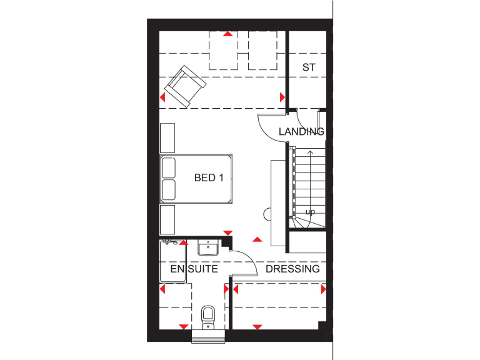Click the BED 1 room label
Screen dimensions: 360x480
click(209, 178)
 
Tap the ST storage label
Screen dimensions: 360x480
click(307, 67)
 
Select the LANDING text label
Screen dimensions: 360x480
click(301, 131)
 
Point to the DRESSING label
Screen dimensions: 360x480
click(292, 269)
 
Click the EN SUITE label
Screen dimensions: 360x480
click(194, 269)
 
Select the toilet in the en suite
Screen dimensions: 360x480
click(208, 316)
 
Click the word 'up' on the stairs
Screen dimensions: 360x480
click(309, 212)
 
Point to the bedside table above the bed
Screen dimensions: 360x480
click(167, 137)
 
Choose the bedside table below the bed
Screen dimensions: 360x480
click(167, 219)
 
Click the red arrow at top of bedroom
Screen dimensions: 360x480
click(229, 34)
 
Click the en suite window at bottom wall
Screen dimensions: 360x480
click(208, 337)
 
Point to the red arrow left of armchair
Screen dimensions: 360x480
click(163, 97)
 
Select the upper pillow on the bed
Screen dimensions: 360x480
click(168, 168)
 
